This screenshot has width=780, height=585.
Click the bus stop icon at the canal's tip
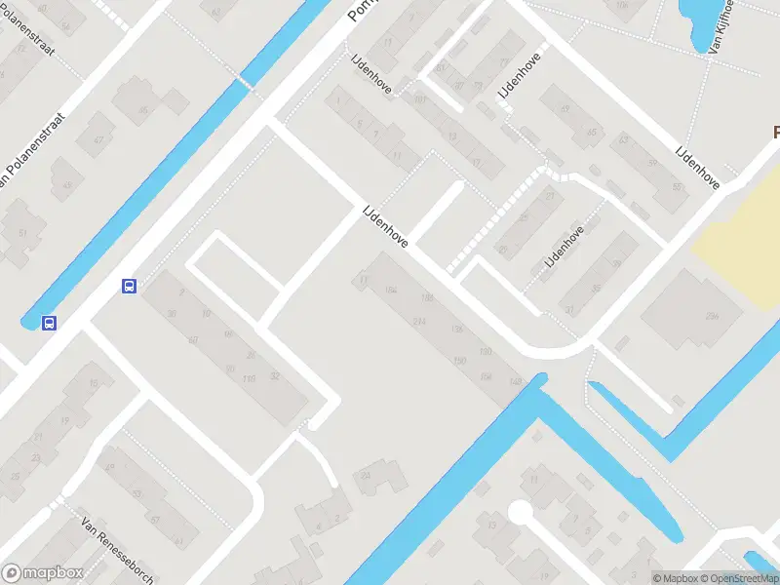(x=48, y=323)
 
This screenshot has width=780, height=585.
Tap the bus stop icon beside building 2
(x=129, y=286)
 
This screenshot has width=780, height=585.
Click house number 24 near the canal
(x=367, y=475)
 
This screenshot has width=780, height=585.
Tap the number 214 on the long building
(x=420, y=322)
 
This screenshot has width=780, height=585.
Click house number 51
(x=22, y=233)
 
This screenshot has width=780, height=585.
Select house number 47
(x=98, y=140)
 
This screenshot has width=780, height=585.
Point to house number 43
(x=66, y=185)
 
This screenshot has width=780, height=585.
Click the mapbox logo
(x=43, y=573)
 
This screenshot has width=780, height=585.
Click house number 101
(x=420, y=98)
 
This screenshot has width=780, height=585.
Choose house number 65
(x=591, y=133)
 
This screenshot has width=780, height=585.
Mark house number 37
(x=569, y=309)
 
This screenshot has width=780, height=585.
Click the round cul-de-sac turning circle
(x=520, y=512)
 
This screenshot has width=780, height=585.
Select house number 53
(x=137, y=493)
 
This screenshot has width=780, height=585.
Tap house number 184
(x=392, y=291)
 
